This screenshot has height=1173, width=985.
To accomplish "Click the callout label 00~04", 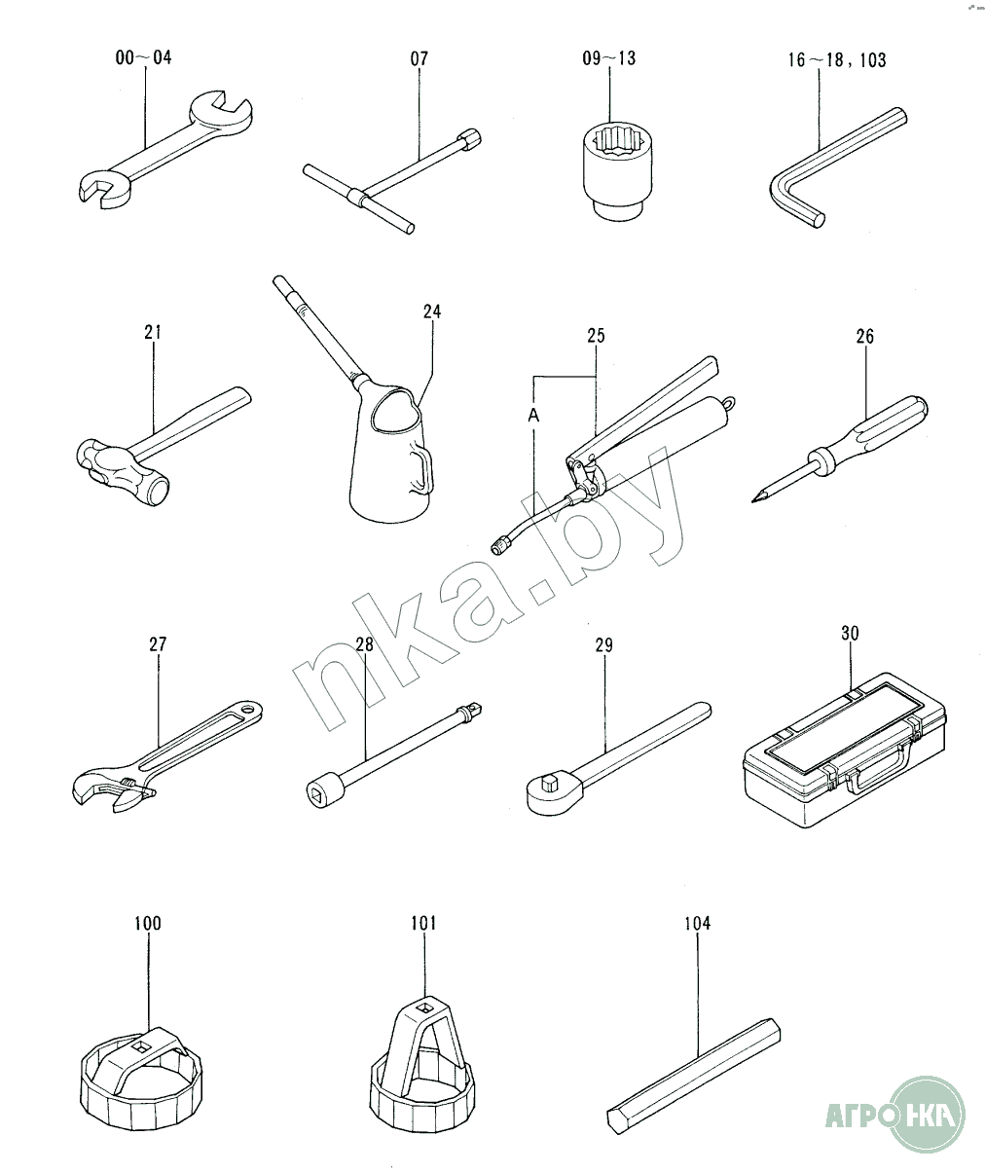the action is [x=143, y=57].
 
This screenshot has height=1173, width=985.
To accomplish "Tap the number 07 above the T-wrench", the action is [x=419, y=58].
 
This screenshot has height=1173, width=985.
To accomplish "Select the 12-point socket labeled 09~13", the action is [x=617, y=169].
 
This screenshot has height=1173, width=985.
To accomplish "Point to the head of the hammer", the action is [x=123, y=471].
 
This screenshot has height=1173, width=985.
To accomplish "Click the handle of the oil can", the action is [x=422, y=466].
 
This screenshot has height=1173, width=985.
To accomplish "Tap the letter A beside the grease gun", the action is [x=533, y=416].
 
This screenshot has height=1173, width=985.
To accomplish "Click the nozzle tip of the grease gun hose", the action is [x=497, y=547].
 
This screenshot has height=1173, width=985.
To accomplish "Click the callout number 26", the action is [x=864, y=337].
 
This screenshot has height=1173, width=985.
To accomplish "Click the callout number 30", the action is [x=850, y=634].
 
